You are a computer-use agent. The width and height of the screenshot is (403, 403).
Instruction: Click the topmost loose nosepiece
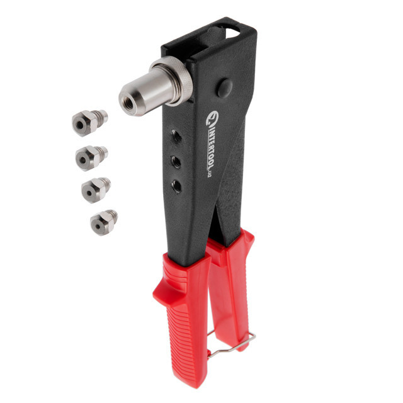(89, 122)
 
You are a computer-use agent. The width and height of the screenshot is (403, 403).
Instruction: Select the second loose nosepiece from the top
(91, 157)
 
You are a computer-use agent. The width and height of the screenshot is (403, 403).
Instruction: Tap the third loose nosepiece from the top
(96, 190)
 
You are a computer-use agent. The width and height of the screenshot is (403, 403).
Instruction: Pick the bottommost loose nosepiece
(103, 222)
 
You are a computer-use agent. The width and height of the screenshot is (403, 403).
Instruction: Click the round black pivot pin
(224, 88)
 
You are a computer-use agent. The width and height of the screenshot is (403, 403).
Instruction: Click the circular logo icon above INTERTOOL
(213, 117)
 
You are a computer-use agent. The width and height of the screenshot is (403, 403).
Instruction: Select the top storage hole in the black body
(177, 136)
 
